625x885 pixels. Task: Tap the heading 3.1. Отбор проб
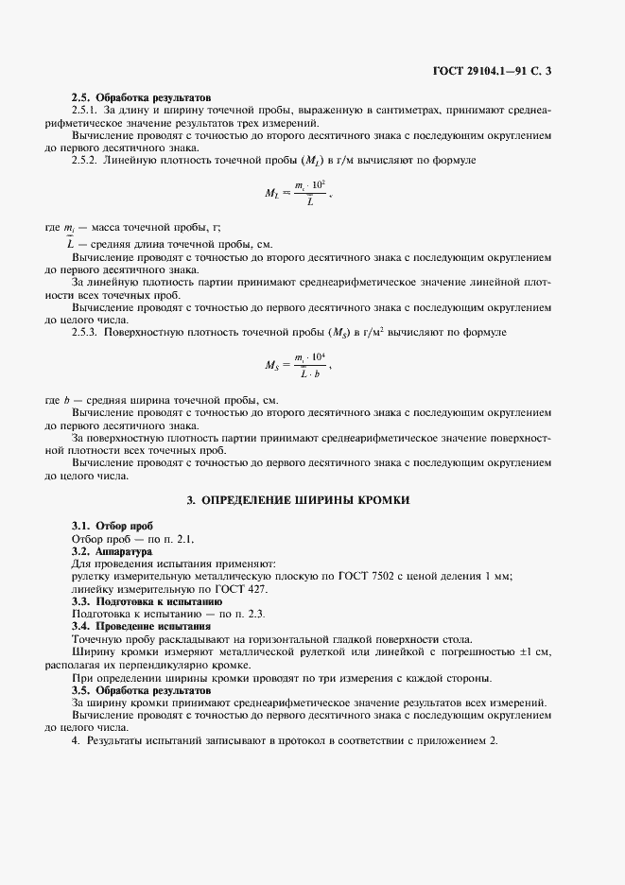tap(113, 526)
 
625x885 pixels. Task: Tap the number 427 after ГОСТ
tap(254, 589)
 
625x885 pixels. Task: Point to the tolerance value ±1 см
tap(533, 652)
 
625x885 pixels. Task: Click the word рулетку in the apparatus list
tap(95, 577)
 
